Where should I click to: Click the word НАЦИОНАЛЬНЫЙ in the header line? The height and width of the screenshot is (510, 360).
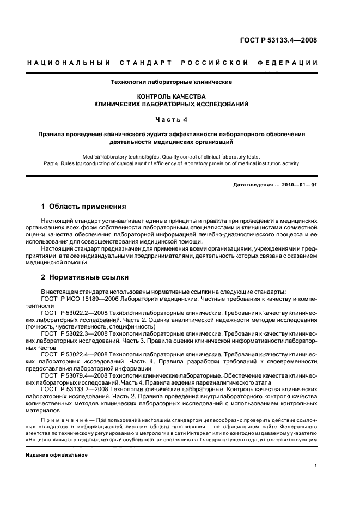coord(69,63)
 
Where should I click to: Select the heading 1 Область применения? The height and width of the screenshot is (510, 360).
coord(84,207)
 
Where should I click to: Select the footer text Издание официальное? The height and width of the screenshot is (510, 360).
coord(57,454)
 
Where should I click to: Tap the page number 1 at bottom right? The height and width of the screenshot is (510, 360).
coord(316,466)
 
